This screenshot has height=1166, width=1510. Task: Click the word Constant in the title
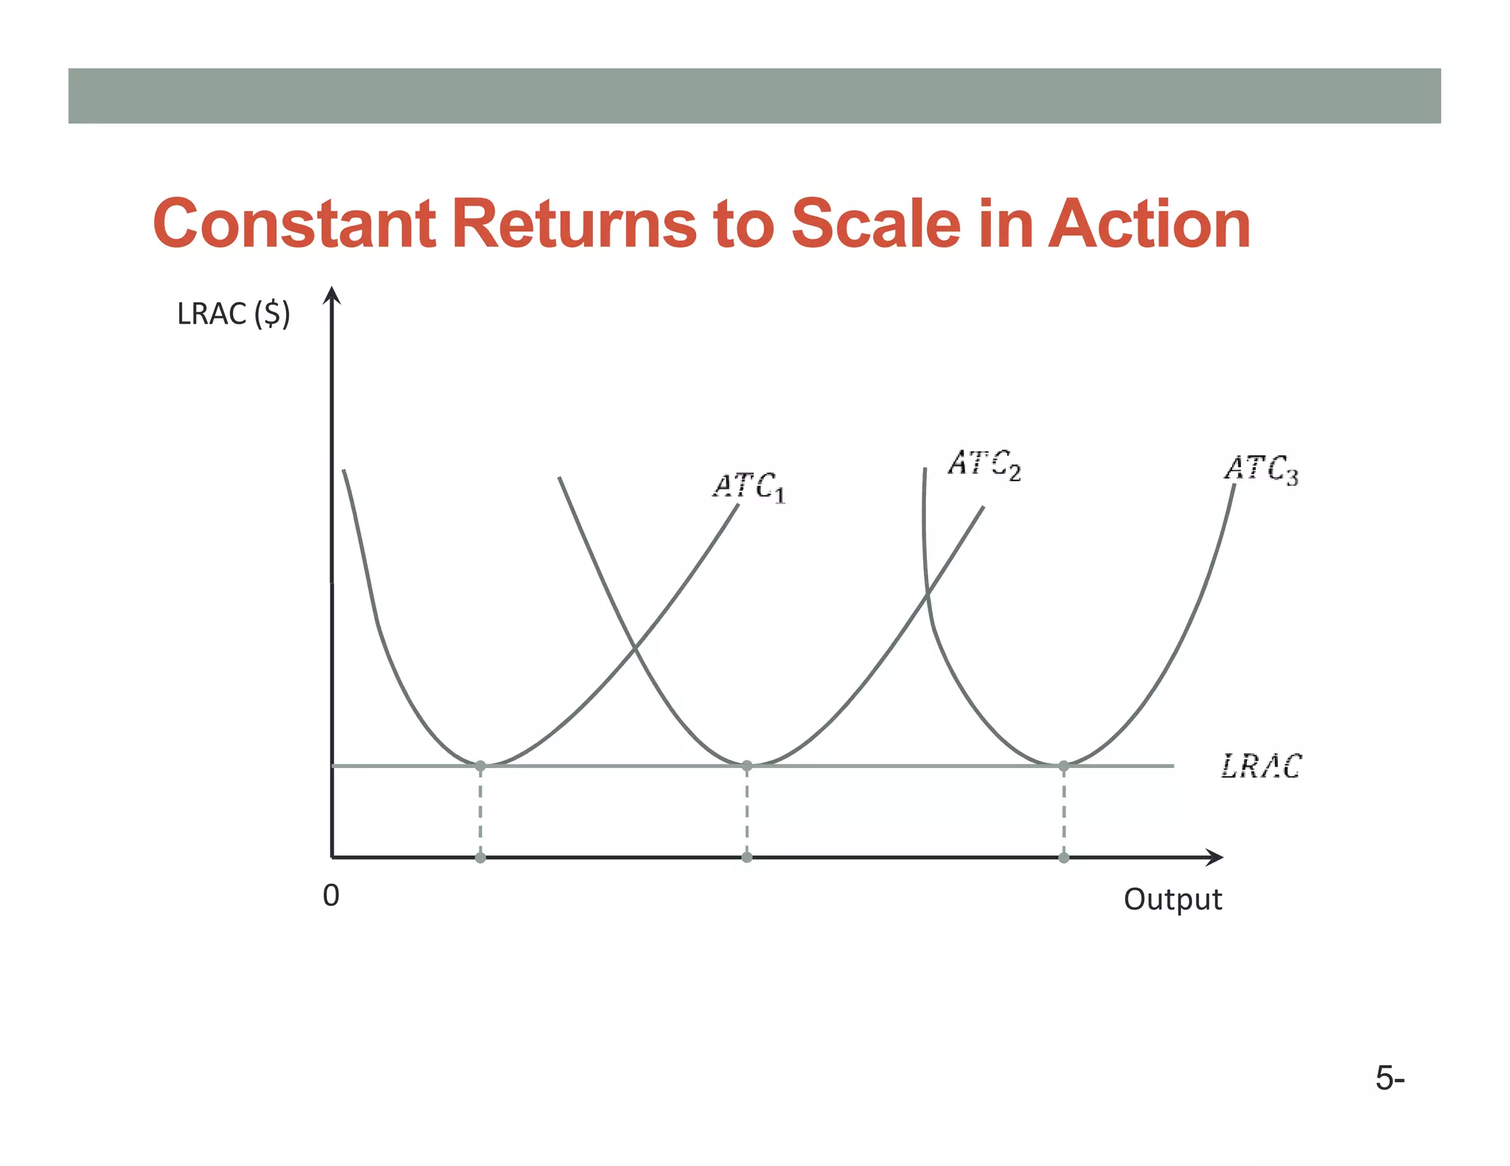pos(294,224)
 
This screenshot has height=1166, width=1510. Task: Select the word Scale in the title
pos(876,224)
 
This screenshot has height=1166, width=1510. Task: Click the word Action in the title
pos(1149,224)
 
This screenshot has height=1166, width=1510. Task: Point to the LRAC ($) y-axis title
pos(233,315)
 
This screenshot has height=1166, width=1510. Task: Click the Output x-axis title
pos(1172,900)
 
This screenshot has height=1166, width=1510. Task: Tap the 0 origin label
pos(331,896)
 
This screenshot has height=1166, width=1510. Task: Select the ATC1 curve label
pos(748,487)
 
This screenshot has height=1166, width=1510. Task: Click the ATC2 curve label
pos(984,464)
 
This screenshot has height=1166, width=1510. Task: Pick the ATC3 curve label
pos(1261,469)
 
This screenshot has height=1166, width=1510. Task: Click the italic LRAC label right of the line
pos(1261,767)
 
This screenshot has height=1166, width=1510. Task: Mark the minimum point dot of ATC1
pos(481,767)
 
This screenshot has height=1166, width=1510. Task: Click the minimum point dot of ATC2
pos(747,767)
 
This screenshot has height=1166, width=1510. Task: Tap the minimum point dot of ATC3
pos(1064,767)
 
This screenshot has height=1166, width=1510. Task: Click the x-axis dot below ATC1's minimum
pos(481,857)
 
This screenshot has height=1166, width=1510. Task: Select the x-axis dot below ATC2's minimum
pos(747,857)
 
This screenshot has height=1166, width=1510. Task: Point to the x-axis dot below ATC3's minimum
pos(1064,857)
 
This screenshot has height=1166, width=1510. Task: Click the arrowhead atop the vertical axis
pos(333,295)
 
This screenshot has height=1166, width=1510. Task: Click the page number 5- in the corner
pos(1390,1079)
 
